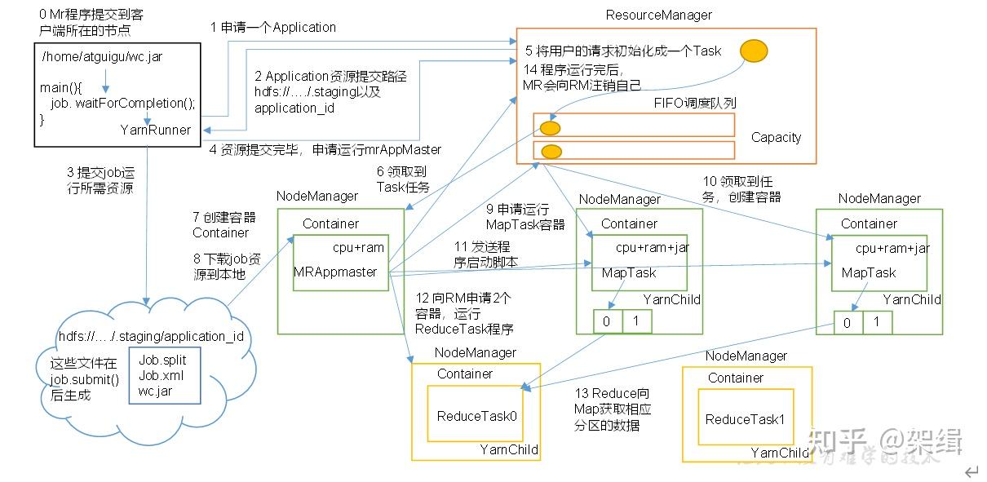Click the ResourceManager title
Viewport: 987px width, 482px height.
[658, 15]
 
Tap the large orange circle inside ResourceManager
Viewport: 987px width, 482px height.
[754, 51]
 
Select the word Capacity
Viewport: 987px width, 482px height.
[776, 137]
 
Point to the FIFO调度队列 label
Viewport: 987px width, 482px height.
[695, 104]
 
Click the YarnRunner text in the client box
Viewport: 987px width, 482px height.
[155, 130]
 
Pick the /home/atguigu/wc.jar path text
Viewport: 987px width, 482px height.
[89, 56]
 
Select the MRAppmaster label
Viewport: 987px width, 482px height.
[334, 272]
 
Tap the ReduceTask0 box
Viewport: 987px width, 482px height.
[477, 416]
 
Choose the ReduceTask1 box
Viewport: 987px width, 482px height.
[745, 419]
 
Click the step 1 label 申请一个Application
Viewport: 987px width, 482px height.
[272, 27]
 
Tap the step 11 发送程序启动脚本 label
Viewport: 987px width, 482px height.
[483, 254]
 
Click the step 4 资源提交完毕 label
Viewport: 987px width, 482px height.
[325, 149]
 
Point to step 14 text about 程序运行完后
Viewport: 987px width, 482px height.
[582, 77]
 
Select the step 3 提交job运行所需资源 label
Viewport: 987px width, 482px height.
[100, 180]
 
